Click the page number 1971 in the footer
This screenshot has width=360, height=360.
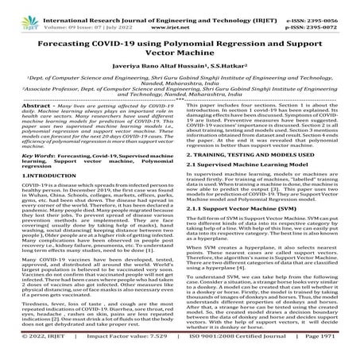(x=345, y=351)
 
